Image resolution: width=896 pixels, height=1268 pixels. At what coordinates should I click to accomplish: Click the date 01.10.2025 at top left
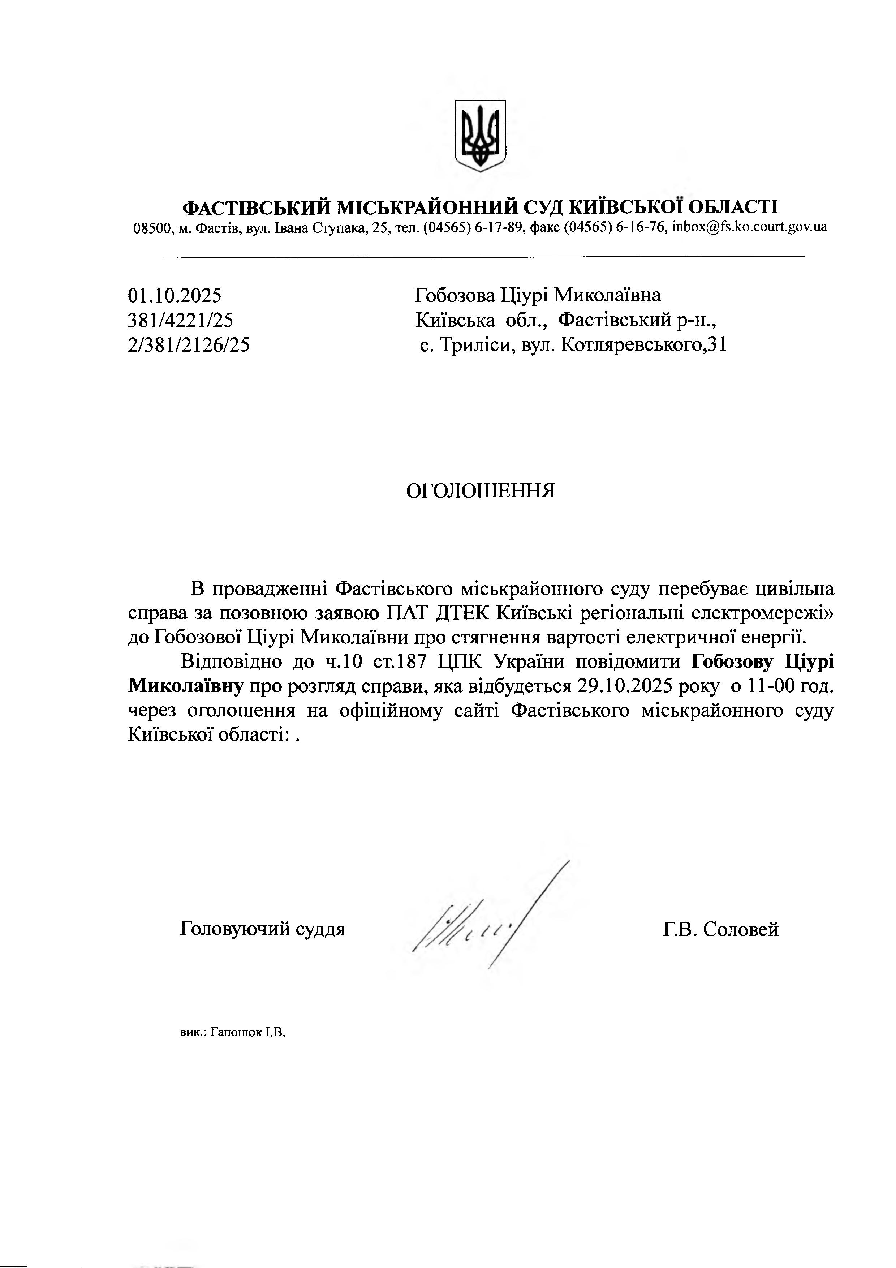click(175, 295)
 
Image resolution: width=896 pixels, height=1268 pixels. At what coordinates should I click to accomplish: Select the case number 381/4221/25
click(181, 320)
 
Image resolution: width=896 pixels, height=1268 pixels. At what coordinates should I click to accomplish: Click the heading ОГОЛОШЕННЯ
click(480, 491)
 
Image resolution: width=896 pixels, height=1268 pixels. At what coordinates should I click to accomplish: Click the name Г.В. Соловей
click(720, 929)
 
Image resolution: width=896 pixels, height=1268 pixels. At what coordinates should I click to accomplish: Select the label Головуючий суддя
click(262, 929)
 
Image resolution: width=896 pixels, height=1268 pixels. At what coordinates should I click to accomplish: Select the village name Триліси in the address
click(475, 345)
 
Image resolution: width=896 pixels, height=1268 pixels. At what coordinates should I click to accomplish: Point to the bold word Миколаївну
click(186, 686)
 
